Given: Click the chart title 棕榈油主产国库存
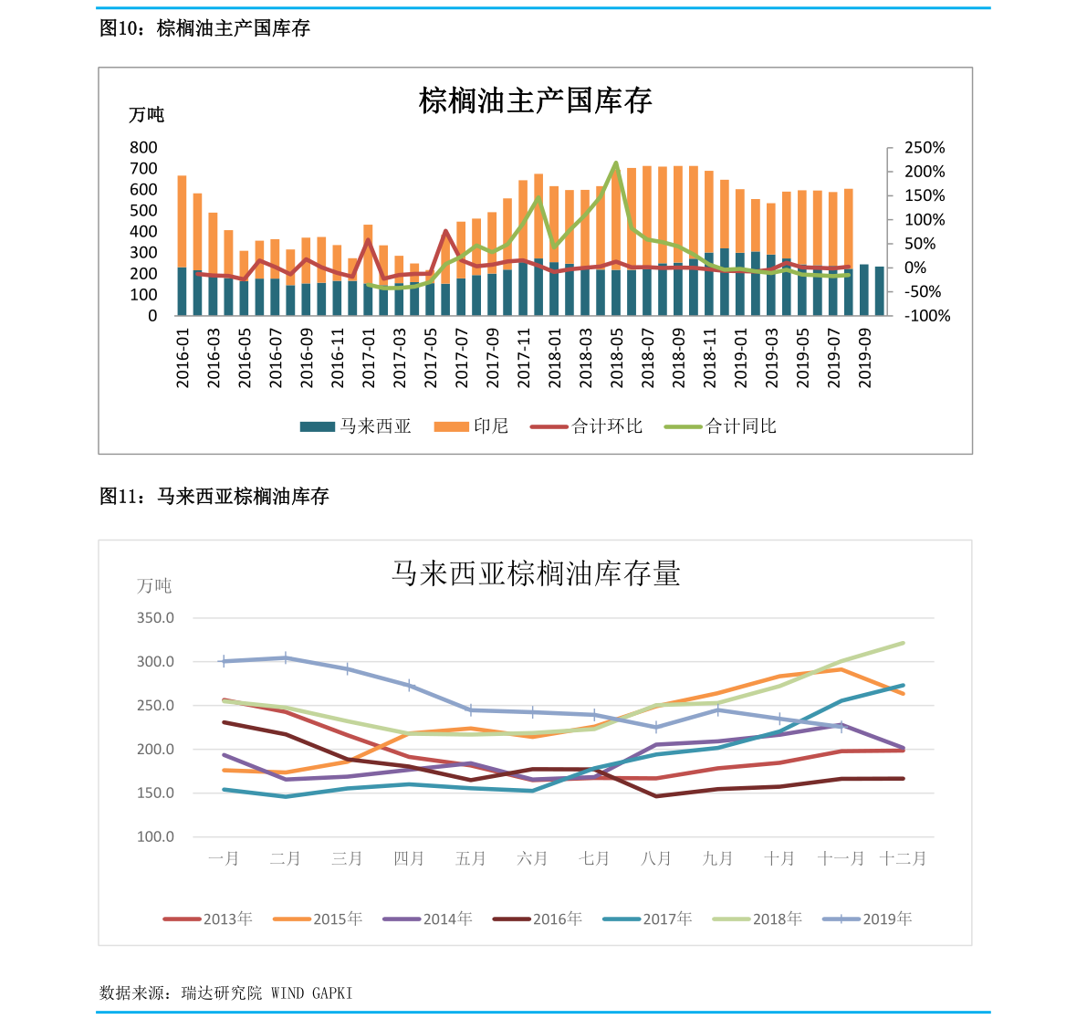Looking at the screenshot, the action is tap(535, 100).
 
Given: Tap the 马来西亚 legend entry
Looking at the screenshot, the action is tap(356, 425).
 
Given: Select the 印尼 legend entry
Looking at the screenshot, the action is tap(472, 425).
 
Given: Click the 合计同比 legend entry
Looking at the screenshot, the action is tap(720, 425).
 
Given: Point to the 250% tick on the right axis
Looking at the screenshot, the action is tap(925, 148).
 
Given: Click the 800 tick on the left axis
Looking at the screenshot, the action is tap(143, 147).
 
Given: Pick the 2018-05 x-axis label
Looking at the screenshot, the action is tap(616, 358).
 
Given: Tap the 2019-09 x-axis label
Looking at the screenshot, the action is tap(864, 358).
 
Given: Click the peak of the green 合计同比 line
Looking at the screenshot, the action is tap(615, 163).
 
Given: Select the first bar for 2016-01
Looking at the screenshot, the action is tap(183, 246).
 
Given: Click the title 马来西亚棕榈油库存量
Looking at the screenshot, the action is tap(536, 573).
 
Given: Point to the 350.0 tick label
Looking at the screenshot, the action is tap(155, 617).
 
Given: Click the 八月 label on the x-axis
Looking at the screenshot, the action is tap(656, 859).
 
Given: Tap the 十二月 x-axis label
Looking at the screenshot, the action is tap(903, 859).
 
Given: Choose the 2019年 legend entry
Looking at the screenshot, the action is tap(867, 919).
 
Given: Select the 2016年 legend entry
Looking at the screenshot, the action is tap(538, 919).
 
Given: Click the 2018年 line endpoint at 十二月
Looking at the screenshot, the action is tap(903, 643).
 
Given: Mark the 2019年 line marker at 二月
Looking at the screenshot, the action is tap(286, 657).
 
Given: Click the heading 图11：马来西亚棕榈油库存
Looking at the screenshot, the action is tap(214, 496).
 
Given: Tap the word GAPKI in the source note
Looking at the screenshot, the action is tap(332, 993).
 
